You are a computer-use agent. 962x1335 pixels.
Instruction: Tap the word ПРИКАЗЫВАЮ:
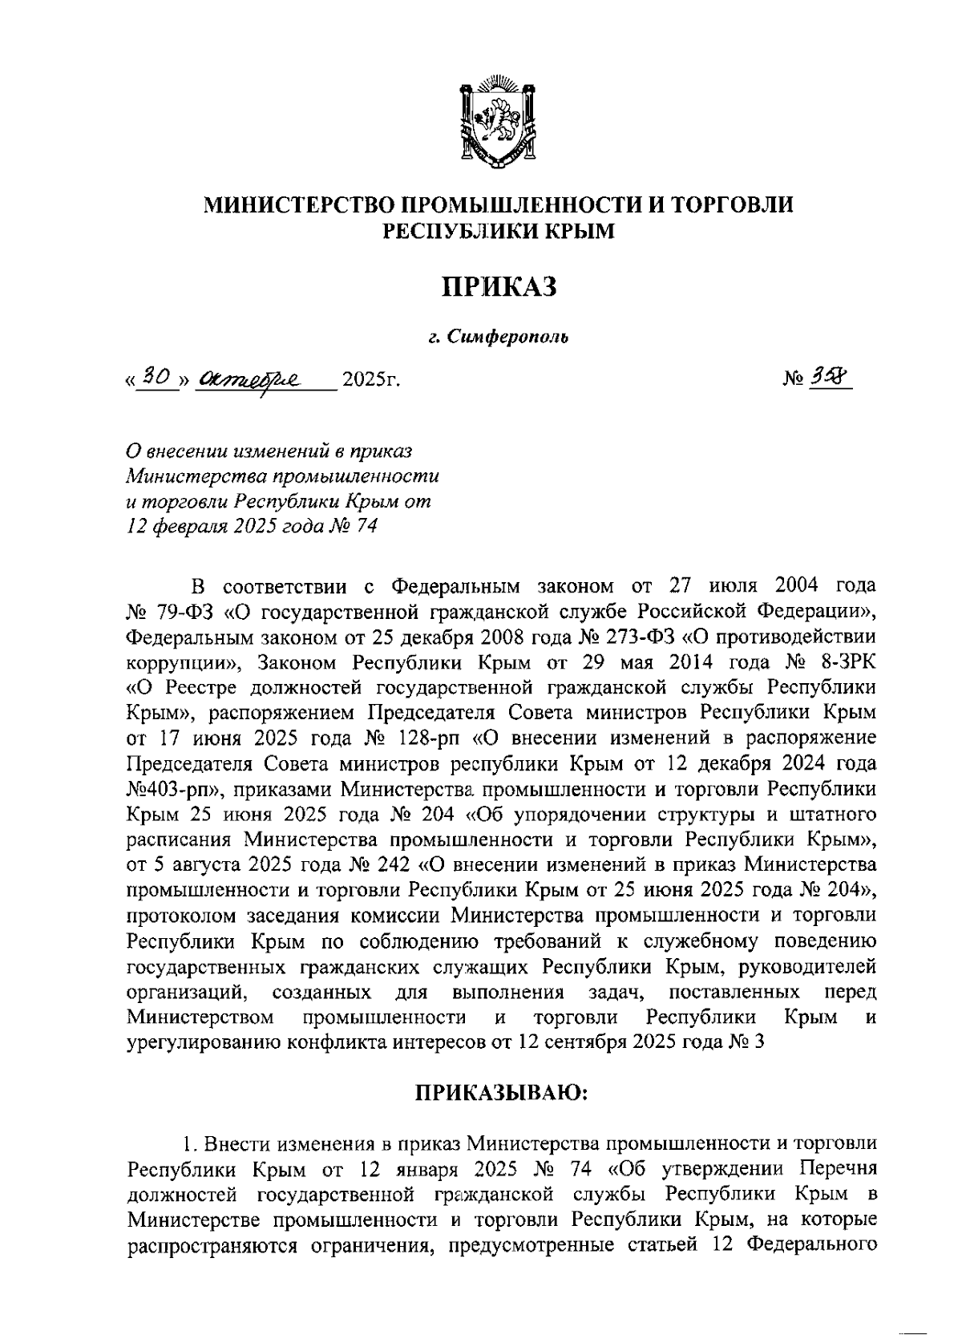(502, 1092)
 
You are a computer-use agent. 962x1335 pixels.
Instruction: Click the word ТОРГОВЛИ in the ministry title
(731, 204)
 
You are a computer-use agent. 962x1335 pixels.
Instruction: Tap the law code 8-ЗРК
(840, 663)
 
